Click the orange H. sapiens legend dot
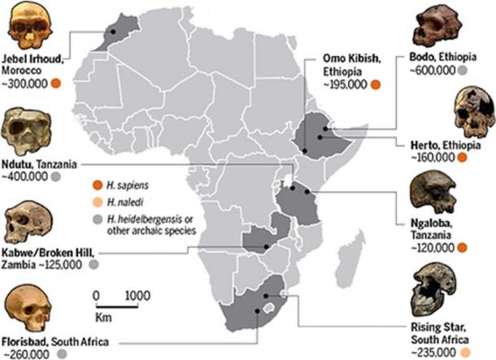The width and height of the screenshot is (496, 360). (x=98, y=184)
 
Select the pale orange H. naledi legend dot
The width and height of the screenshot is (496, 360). (x=98, y=202)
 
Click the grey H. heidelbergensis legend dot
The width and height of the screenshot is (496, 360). (x=98, y=219)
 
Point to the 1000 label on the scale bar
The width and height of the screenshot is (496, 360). (x=138, y=295)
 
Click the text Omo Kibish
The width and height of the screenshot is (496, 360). (x=353, y=57)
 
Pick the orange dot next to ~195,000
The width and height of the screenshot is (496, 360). (x=375, y=83)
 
